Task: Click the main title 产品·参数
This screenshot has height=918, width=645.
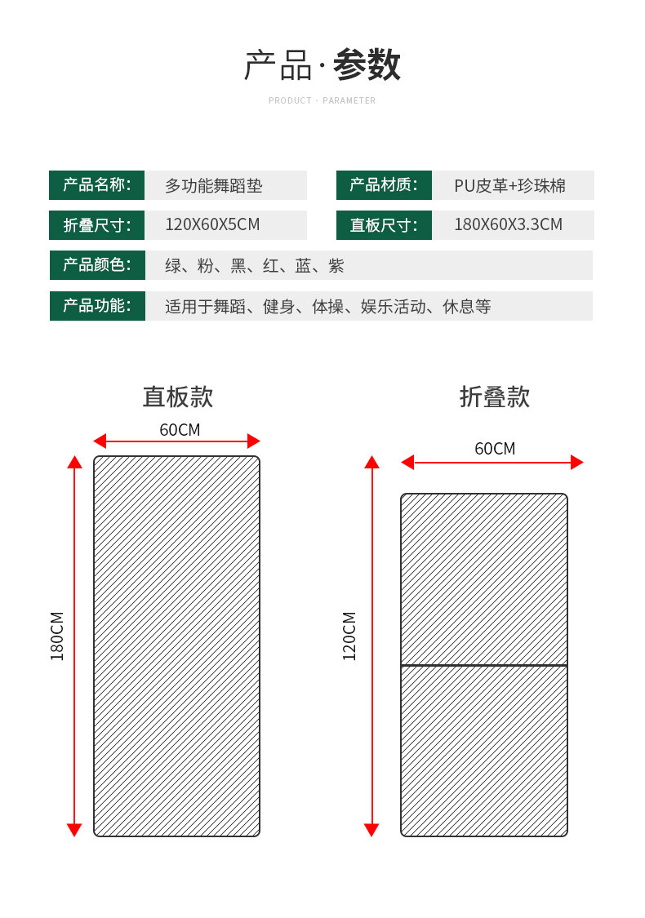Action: [322, 65]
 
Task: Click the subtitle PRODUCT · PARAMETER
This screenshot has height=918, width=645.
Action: [322, 100]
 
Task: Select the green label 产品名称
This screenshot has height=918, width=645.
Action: [96, 185]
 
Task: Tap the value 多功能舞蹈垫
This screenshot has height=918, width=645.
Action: [214, 185]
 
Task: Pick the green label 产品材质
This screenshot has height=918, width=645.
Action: [384, 185]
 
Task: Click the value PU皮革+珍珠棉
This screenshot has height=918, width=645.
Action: [509, 185]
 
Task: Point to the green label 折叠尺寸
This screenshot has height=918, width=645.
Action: [96, 225]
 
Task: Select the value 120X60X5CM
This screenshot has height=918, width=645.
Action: [212, 224]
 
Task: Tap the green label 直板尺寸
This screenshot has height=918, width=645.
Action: [384, 225]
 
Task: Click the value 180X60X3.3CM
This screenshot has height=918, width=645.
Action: [508, 224]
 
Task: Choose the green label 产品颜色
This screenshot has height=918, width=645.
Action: [97, 265]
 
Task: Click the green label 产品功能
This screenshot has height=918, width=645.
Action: [97, 306]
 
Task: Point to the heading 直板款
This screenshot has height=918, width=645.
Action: [178, 397]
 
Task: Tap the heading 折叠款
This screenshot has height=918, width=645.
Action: [495, 397]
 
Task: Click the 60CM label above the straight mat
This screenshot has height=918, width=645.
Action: [180, 429]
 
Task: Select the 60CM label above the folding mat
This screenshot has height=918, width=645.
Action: [495, 448]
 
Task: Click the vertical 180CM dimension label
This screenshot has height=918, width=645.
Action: [57, 636]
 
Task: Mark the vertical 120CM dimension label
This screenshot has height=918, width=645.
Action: [349, 636]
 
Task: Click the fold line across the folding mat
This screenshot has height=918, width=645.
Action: [484, 665]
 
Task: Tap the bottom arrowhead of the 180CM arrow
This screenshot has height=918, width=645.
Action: [74, 830]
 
